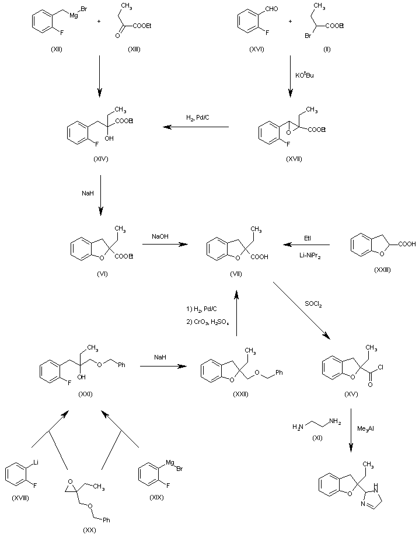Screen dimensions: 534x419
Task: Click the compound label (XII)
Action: click(x=57, y=49)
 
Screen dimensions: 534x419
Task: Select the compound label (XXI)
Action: click(x=86, y=394)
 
